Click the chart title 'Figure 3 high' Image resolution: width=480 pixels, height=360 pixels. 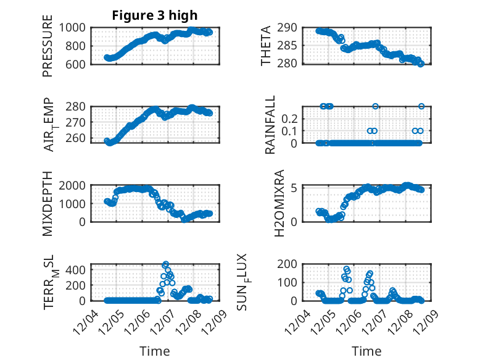pyautogui.click(x=155, y=15)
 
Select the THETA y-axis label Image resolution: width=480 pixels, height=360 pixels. pyautogui.click(x=266, y=46)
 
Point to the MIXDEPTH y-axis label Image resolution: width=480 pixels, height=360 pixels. pyautogui.click(x=48, y=203)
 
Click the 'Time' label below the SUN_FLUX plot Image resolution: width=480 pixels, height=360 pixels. pyautogui.click(x=366, y=351)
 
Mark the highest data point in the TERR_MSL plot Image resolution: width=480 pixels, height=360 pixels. pyautogui.click(x=165, y=264)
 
